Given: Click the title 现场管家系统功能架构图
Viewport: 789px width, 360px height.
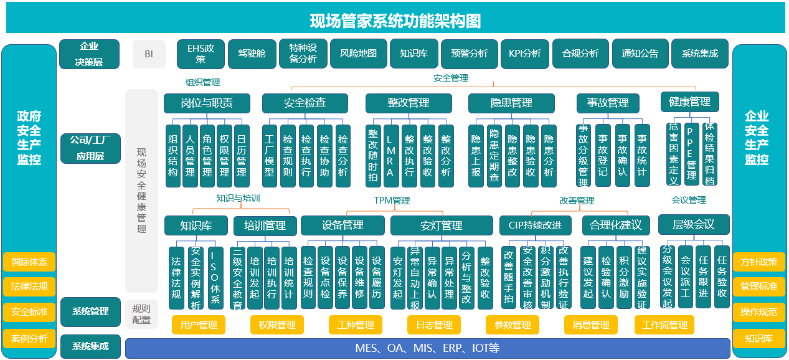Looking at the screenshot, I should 395,21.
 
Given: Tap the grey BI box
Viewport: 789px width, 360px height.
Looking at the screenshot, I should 149,54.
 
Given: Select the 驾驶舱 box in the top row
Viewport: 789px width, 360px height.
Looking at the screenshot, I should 252,54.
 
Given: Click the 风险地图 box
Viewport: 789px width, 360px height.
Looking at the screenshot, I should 358,54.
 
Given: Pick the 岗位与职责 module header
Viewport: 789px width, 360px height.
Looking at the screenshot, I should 207,103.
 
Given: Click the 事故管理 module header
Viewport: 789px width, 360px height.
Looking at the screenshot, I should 608,103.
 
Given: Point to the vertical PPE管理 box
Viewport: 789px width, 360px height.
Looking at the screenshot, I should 691,154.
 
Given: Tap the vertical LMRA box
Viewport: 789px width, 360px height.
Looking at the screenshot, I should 390,156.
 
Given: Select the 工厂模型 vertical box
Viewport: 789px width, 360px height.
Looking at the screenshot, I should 270,156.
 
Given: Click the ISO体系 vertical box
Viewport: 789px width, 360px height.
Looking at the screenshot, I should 215,277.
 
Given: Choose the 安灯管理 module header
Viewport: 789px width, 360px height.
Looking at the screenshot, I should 441,225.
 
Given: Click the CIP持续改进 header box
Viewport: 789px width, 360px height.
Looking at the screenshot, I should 539,225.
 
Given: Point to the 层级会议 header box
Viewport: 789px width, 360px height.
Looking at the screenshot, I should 693,224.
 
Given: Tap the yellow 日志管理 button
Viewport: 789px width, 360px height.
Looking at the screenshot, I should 434,324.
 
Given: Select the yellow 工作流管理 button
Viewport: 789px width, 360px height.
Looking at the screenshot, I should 664,324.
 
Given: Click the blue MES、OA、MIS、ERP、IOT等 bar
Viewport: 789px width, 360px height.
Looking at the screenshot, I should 427,348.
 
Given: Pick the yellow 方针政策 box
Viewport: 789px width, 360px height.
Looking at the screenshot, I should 758,262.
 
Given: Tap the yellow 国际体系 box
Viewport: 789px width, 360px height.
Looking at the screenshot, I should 29,262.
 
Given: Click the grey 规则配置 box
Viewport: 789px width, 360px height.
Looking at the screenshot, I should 141,314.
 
